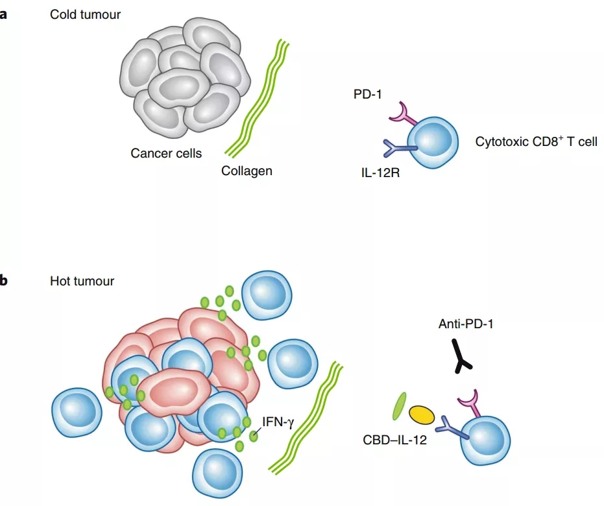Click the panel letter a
[4, 14]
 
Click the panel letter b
[4, 281]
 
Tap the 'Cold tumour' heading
[85, 14]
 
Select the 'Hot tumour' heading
[82, 281]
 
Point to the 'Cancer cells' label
[166, 154]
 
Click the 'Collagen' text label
[247, 171]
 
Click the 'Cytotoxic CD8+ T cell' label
[536, 141]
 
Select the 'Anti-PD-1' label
[466, 323]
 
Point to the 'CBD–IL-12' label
[394, 440]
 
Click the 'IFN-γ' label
[278, 421]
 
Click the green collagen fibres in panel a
[256, 98]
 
